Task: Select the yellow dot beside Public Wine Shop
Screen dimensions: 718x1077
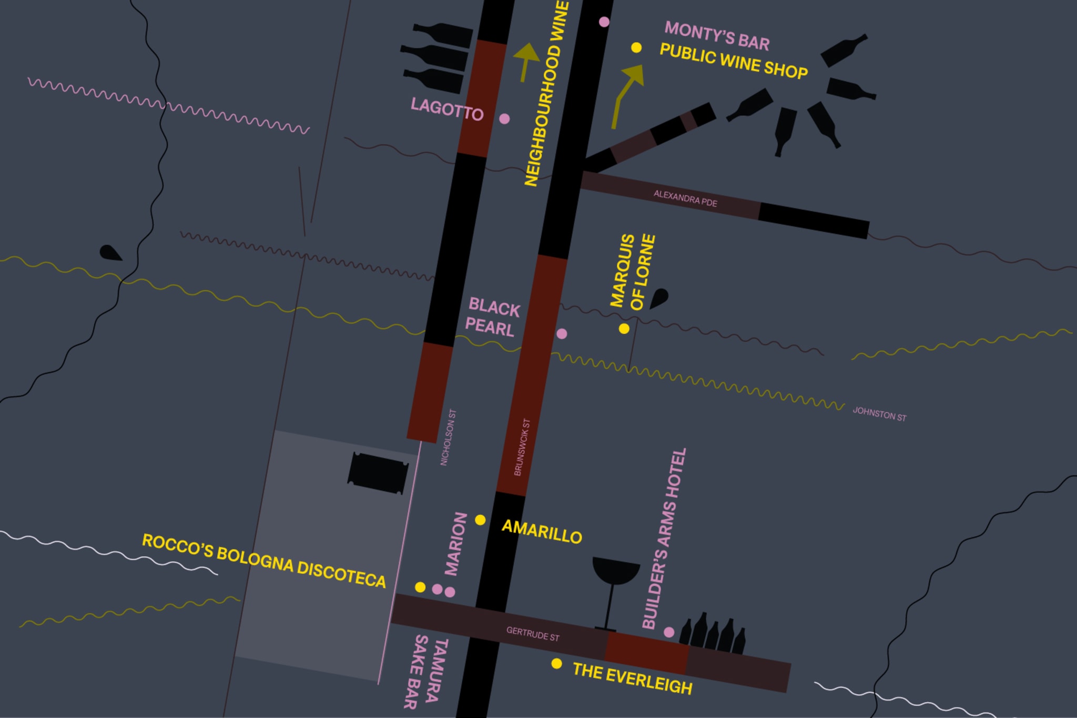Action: (x=636, y=48)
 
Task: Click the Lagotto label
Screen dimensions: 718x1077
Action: (x=447, y=109)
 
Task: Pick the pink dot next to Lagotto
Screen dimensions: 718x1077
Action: (x=504, y=119)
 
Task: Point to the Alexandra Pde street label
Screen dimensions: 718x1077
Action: (x=685, y=198)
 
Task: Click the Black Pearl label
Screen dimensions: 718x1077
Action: (x=492, y=317)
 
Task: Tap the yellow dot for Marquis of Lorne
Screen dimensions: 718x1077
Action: (x=624, y=329)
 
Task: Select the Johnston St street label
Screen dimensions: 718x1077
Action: (x=879, y=414)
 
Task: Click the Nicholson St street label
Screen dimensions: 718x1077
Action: (x=448, y=437)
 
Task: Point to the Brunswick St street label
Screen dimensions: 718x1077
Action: (x=522, y=447)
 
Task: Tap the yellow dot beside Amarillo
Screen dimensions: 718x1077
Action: (x=480, y=520)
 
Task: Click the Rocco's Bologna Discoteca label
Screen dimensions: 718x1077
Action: (x=264, y=561)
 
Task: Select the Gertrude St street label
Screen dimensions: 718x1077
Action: (x=533, y=634)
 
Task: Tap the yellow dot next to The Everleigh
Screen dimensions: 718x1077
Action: (x=556, y=664)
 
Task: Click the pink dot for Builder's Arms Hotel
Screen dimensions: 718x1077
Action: (x=669, y=632)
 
